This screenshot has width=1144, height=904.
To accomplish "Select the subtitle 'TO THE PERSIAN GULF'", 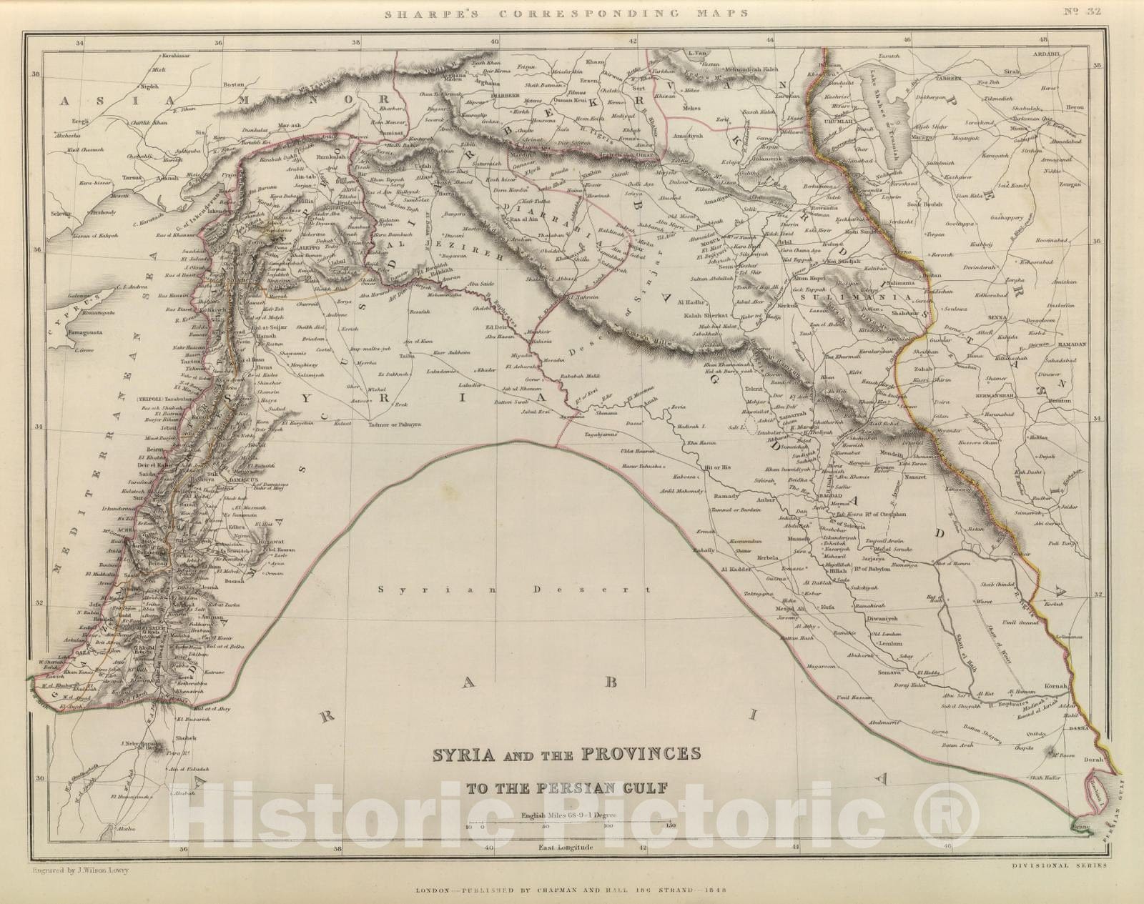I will click(x=566, y=789).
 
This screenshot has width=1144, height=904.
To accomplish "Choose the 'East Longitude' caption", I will click(x=566, y=848).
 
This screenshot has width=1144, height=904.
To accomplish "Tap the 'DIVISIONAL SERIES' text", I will click(x=1060, y=865).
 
